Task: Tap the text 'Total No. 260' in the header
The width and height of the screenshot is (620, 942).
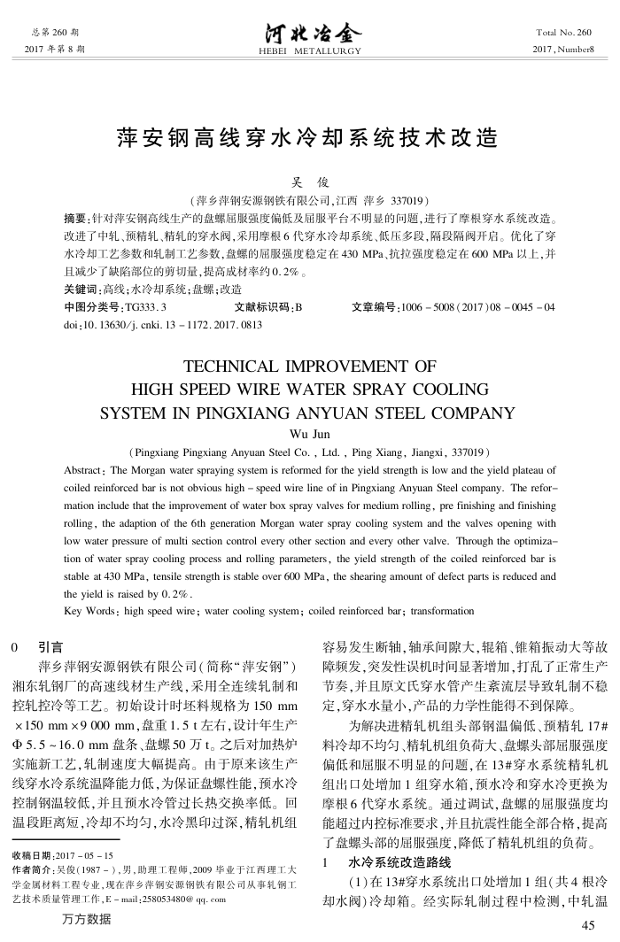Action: click(x=563, y=32)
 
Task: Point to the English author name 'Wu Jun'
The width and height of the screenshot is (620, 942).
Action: click(x=309, y=434)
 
